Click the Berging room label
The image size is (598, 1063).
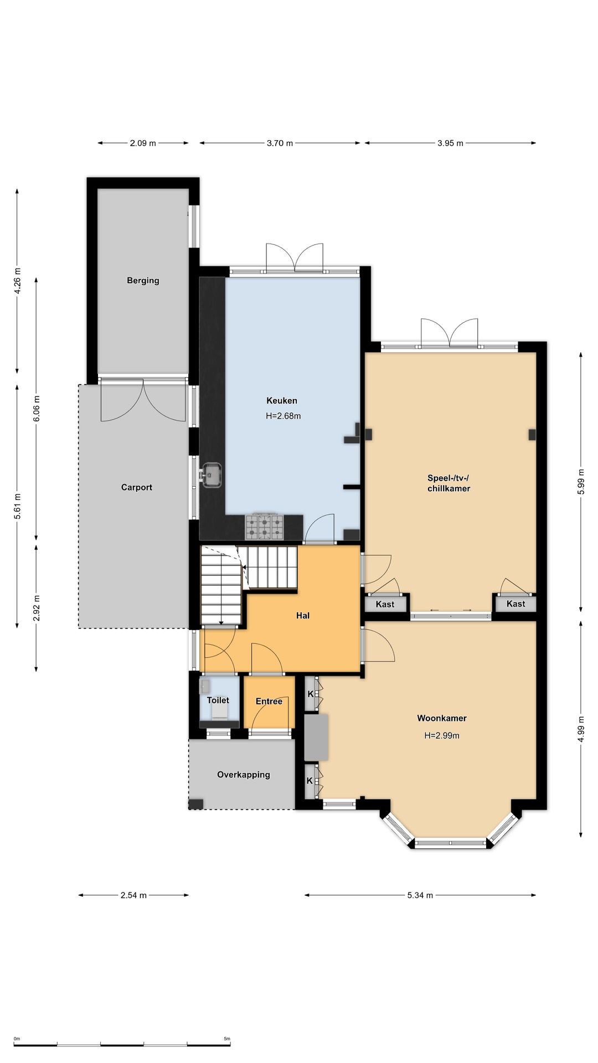coord(143,281)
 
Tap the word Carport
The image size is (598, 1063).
coord(137,488)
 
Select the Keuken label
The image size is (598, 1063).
coord(282,401)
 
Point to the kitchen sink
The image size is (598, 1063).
coord(212,475)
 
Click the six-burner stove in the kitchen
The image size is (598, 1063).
coord(265,527)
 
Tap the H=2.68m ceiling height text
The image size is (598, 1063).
coord(283,416)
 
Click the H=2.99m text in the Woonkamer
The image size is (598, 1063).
coord(442,736)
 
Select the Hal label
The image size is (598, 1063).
coord(303,616)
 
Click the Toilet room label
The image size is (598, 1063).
coord(218,700)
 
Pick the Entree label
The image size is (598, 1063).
coord(269,701)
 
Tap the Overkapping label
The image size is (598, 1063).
coord(244,775)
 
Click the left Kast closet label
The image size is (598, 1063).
coord(385,605)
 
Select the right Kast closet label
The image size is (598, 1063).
coord(515,604)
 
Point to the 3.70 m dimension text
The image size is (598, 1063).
coord(280,143)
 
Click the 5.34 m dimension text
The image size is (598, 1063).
coord(420,895)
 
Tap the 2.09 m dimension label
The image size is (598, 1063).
coord(143,143)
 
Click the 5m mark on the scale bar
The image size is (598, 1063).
coord(227,1039)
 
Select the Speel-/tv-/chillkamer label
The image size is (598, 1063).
coord(448,483)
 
